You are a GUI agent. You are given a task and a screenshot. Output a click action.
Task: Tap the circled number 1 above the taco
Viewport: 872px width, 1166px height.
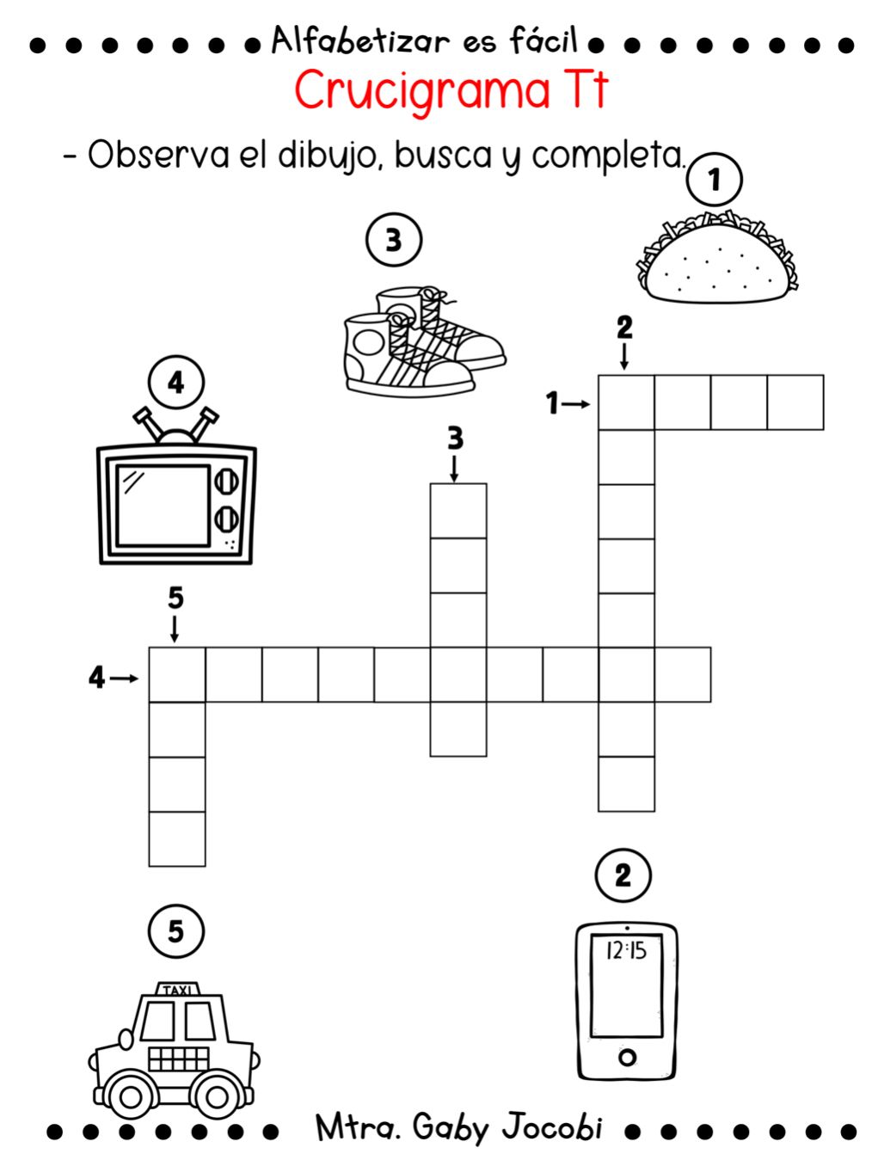tap(713, 179)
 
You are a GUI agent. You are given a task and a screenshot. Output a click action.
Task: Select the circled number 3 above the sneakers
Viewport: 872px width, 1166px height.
tap(393, 240)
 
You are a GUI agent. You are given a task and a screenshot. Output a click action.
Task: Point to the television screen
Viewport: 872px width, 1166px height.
tap(163, 505)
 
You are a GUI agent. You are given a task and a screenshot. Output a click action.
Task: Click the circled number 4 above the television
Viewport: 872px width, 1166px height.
tap(175, 382)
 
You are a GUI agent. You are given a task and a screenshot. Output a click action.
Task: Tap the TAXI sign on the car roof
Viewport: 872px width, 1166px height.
tap(178, 991)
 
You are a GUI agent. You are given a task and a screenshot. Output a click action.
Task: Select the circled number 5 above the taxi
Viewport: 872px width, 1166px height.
tap(175, 930)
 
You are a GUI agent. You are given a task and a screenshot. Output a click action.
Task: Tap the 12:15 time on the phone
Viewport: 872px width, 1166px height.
tap(626, 950)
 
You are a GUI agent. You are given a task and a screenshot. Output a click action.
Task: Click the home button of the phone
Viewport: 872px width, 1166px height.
tap(627, 1057)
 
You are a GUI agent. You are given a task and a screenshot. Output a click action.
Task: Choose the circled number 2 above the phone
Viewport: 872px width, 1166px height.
tap(623, 875)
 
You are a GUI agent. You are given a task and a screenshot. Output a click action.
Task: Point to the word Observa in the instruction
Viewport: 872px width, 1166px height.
tap(158, 156)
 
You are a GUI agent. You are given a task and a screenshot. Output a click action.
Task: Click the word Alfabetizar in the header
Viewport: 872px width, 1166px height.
tap(360, 41)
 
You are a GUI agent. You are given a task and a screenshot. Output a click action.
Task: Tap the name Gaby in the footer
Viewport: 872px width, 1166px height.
tap(451, 1126)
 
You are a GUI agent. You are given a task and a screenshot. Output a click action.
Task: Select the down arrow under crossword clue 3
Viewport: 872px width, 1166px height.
tap(455, 469)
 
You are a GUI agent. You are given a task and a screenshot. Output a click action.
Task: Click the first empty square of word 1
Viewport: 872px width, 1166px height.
tap(626, 402)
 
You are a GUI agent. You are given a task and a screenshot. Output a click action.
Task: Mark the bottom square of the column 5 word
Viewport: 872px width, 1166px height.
tap(177, 838)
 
